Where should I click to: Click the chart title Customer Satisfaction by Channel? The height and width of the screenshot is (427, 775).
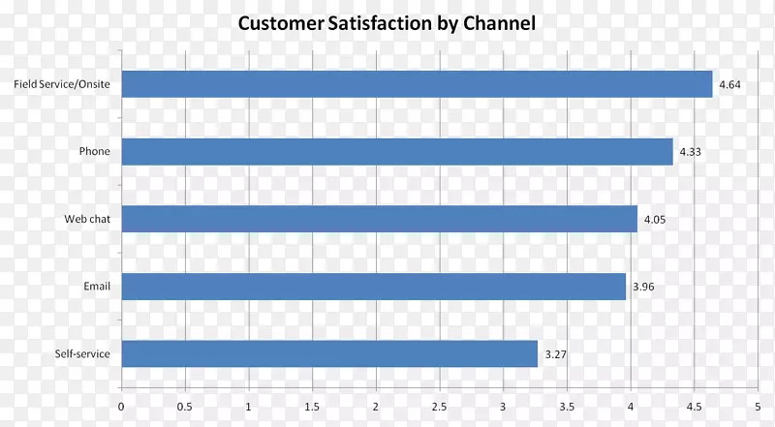pyautogui.click(x=387, y=22)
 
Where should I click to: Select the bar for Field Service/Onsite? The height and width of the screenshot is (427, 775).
pyautogui.click(x=417, y=84)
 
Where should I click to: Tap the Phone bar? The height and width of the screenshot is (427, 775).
pyautogui.click(x=397, y=151)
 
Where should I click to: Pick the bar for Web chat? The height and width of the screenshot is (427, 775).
pyautogui.click(x=379, y=219)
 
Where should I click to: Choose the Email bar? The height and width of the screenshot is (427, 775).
pyautogui.click(x=373, y=287)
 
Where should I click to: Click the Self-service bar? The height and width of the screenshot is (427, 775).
pyautogui.click(x=329, y=353)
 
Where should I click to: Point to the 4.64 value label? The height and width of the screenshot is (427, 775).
pyautogui.click(x=729, y=85)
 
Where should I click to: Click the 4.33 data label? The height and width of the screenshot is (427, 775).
pyautogui.click(x=690, y=152)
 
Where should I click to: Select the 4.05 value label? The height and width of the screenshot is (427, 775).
pyautogui.click(x=655, y=220)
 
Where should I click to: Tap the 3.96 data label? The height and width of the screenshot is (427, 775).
pyautogui.click(x=643, y=288)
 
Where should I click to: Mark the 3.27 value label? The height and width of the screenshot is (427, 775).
pyautogui.click(x=555, y=354)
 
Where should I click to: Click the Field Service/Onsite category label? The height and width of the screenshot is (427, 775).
pyautogui.click(x=62, y=84)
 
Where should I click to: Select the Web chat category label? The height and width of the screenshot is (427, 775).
pyautogui.click(x=87, y=219)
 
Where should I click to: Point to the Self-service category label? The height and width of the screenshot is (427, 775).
pyautogui.click(x=81, y=354)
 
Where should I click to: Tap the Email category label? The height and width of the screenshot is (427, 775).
pyautogui.click(x=97, y=287)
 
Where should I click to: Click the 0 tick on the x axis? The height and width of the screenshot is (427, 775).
pyautogui.click(x=121, y=407)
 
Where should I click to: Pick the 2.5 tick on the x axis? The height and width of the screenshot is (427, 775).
pyautogui.click(x=439, y=407)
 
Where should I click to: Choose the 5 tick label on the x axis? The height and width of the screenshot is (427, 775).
pyautogui.click(x=757, y=407)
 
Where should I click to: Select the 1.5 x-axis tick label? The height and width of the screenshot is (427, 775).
pyautogui.click(x=312, y=407)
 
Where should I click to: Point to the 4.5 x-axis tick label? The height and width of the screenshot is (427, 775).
pyautogui.click(x=694, y=407)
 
